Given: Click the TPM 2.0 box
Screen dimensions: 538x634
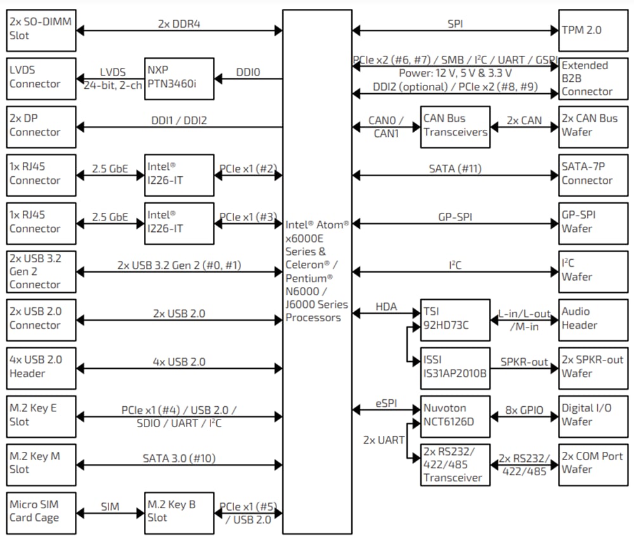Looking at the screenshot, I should pyautogui.click(x=586, y=30).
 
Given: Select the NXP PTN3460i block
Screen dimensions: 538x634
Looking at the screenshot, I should pyautogui.click(x=179, y=79).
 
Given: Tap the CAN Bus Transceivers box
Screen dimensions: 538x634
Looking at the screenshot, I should pyautogui.click(x=455, y=126).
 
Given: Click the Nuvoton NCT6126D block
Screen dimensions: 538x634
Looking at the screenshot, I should pyautogui.click(x=455, y=416).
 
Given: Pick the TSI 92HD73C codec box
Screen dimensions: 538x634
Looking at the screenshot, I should pyautogui.click(x=455, y=319).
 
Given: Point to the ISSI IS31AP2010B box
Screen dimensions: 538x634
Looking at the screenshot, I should pyautogui.click(x=455, y=368).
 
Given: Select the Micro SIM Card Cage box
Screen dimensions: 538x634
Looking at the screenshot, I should pyautogui.click(x=41, y=512).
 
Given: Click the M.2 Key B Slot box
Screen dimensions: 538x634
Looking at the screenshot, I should pyautogui.click(x=179, y=512).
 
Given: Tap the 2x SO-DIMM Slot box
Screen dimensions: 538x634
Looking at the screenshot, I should pyautogui.click(x=41, y=30).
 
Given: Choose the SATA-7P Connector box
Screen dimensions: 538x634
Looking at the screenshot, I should pyautogui.click(x=586, y=174).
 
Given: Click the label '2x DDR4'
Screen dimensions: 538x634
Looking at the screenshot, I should pyautogui.click(x=179, y=24).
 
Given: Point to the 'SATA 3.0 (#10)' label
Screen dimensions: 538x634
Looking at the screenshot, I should pyautogui.click(x=179, y=458).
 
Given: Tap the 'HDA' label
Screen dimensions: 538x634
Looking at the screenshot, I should pyautogui.click(x=385, y=307).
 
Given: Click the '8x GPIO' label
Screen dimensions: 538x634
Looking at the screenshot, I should pyautogui.click(x=524, y=410).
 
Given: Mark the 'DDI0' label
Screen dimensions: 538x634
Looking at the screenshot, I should pyautogui.click(x=248, y=72).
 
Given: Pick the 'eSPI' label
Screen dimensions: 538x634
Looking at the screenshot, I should pyautogui.click(x=385, y=403).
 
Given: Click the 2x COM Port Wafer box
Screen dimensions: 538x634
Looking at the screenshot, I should pyautogui.click(x=586, y=464).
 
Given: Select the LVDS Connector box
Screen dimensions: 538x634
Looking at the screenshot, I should pyautogui.click(x=41, y=79).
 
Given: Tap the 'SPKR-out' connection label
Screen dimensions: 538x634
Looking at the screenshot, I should pyautogui.click(x=524, y=362).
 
